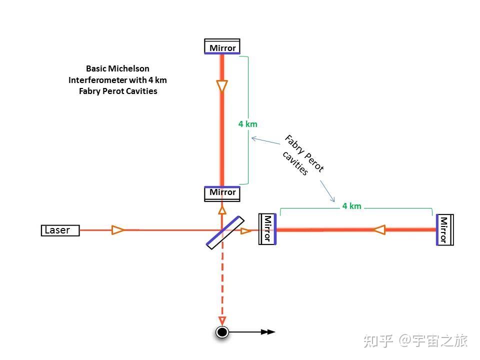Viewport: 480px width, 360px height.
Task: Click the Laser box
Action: coord(60,230)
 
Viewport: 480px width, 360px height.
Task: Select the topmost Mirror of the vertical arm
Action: coord(222,47)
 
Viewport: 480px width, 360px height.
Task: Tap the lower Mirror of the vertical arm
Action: coord(222,193)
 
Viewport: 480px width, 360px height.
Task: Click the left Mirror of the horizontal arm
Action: coord(267,229)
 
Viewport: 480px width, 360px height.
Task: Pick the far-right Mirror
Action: coord(444,229)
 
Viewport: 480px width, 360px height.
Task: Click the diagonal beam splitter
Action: coord(225,232)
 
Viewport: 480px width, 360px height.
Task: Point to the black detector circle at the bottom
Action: coord(222,331)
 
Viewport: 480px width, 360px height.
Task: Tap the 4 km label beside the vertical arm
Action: coord(248,124)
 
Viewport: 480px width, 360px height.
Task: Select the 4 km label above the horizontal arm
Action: coord(351,206)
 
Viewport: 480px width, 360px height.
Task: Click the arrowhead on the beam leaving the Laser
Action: coord(118,230)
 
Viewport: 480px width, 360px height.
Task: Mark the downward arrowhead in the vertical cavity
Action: coord(222,86)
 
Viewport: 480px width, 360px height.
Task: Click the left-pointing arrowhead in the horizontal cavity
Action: coord(379,229)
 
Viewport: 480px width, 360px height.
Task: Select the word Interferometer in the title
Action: coord(98,80)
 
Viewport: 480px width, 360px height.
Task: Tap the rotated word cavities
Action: coord(295,162)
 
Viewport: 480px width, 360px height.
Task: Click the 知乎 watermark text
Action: coord(377,341)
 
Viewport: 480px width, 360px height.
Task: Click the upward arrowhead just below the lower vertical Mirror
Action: coord(222,209)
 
